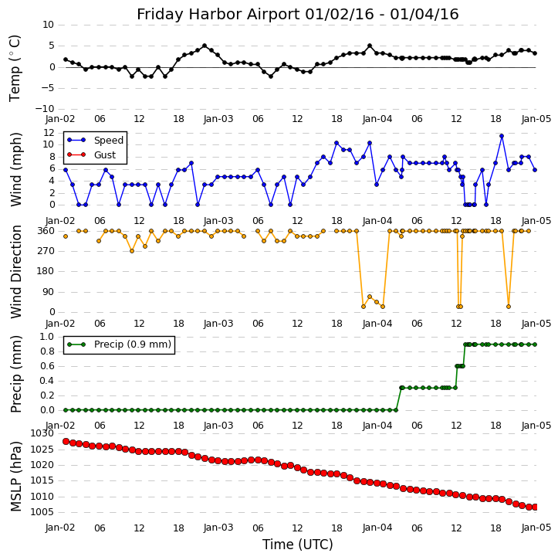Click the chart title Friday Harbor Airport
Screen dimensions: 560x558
pyautogui.click(x=297, y=14)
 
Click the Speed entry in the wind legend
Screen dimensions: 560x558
pyautogui.click(x=108, y=141)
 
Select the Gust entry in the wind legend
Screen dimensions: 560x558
pyautogui.click(x=107, y=154)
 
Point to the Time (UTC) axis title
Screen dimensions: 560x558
pyautogui.click(x=297, y=545)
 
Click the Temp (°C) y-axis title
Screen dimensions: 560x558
pyautogui.click(x=15, y=67)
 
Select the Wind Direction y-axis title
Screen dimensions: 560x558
pyautogui.click(x=15, y=271)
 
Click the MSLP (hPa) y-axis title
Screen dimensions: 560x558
pyautogui.click(x=15, y=476)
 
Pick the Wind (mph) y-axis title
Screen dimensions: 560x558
pyautogui.click(x=15, y=168)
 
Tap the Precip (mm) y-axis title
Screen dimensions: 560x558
pyautogui.click(x=15, y=373)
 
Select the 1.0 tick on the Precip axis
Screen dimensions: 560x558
pyautogui.click(x=47, y=337)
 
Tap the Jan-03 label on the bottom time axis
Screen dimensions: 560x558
pyautogui.click(x=218, y=528)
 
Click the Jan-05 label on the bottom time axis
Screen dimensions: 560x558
pyautogui.click(x=536, y=528)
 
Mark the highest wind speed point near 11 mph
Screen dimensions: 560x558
pyautogui.click(x=501, y=136)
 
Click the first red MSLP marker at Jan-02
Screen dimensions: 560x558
pyautogui.click(x=66, y=442)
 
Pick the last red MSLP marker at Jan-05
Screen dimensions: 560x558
pyautogui.click(x=535, y=507)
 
